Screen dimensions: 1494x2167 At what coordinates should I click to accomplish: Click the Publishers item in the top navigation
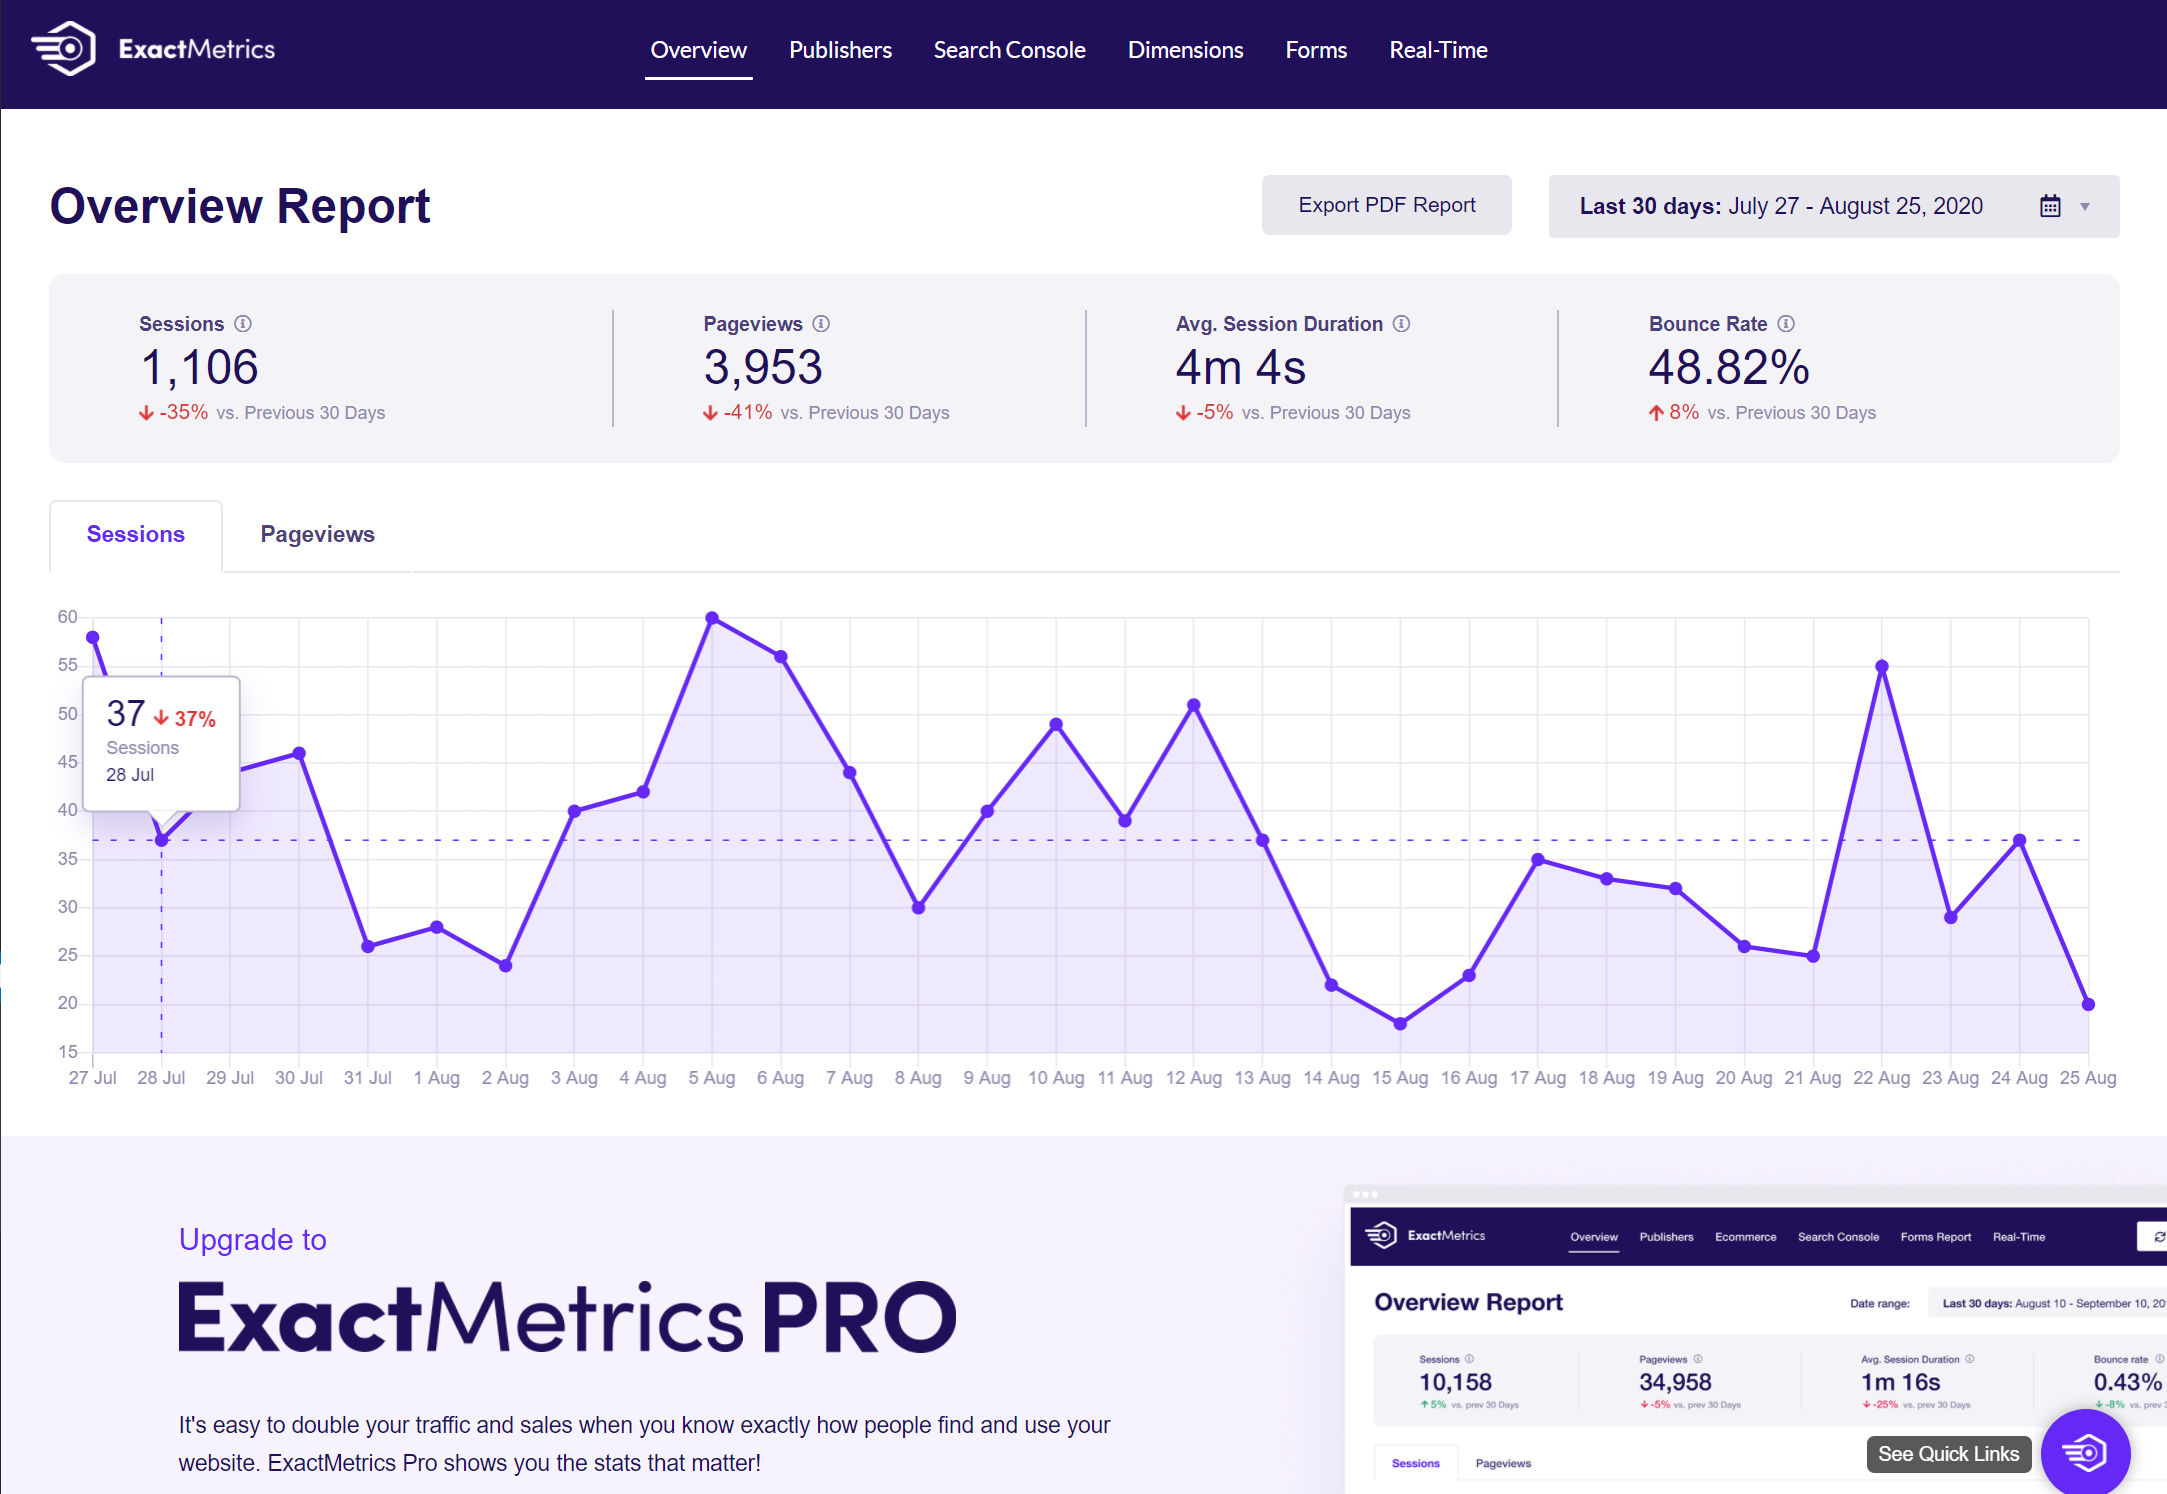[840, 50]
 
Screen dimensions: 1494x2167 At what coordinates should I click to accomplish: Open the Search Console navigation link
[1009, 50]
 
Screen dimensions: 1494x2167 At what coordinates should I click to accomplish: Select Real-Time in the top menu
[1438, 50]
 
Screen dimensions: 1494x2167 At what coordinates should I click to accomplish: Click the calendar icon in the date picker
[2050, 206]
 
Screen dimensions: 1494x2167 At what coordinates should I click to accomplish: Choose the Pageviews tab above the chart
[317, 534]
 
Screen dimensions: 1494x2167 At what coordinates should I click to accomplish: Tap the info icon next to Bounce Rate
[1786, 324]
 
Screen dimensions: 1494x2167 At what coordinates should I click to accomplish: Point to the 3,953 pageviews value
[763, 367]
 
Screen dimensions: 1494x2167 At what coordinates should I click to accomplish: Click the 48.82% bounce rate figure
[1729, 367]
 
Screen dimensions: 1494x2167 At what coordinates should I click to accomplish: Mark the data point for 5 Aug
[712, 618]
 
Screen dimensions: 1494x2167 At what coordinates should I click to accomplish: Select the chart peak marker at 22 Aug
[1882, 666]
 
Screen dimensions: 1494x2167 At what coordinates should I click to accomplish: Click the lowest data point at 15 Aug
[1400, 1024]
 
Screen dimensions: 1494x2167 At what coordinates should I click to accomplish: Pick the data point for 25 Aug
[2088, 1004]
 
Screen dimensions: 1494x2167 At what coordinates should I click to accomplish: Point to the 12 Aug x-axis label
[1193, 1078]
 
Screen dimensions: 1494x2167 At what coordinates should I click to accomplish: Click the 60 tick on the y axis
[67, 617]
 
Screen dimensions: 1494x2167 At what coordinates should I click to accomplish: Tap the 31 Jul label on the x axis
[367, 1078]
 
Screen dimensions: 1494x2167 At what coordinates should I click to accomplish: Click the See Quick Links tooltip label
[1948, 1454]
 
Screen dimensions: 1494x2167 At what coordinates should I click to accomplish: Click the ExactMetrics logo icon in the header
[64, 48]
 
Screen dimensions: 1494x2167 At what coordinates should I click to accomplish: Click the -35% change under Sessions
[183, 413]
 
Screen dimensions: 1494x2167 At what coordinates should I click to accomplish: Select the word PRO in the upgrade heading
[859, 1318]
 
